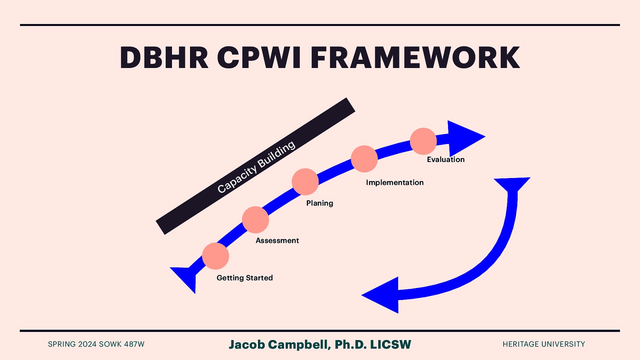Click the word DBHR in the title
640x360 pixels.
pyautogui.click(x=164, y=58)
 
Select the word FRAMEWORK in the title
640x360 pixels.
pyautogui.click(x=415, y=58)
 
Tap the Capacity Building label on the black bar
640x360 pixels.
pyautogui.click(x=256, y=166)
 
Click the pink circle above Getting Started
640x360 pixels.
pyautogui.click(x=216, y=256)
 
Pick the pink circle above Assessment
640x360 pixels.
pyautogui.click(x=255, y=220)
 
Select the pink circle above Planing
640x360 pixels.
pyautogui.click(x=305, y=182)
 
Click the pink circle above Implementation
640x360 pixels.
pyautogui.click(x=364, y=159)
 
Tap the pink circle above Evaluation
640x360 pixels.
pyautogui.click(x=423, y=141)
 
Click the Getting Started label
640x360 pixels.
pyautogui.click(x=245, y=278)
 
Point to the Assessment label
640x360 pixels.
pyautogui.click(x=277, y=240)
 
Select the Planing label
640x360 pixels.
pyautogui.click(x=320, y=203)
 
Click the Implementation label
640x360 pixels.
pyautogui.click(x=395, y=182)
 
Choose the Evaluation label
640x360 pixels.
pyautogui.click(x=446, y=160)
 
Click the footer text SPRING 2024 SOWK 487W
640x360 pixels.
pyautogui.click(x=96, y=344)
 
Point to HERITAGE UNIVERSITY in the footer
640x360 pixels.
pyautogui.click(x=544, y=344)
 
